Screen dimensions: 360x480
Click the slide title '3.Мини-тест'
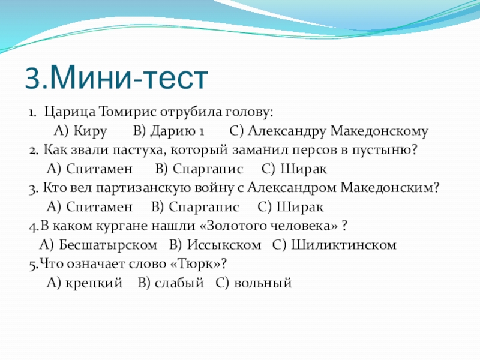116,78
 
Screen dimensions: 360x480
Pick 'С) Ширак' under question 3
290,207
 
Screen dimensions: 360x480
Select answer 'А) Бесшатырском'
98,245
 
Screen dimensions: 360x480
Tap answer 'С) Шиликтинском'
334,245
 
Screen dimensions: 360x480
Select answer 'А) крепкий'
85,283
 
